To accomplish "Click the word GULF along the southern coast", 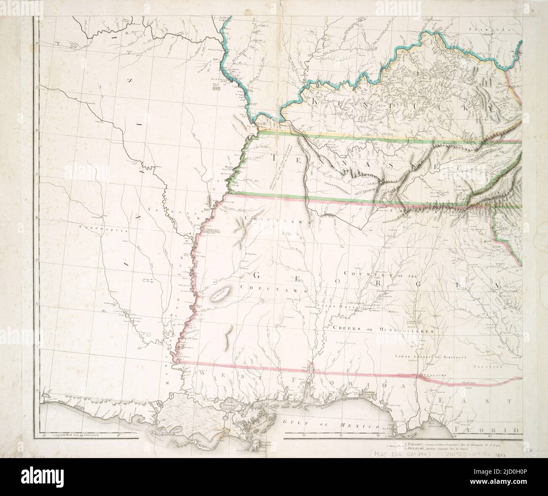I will click(x=292, y=422).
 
